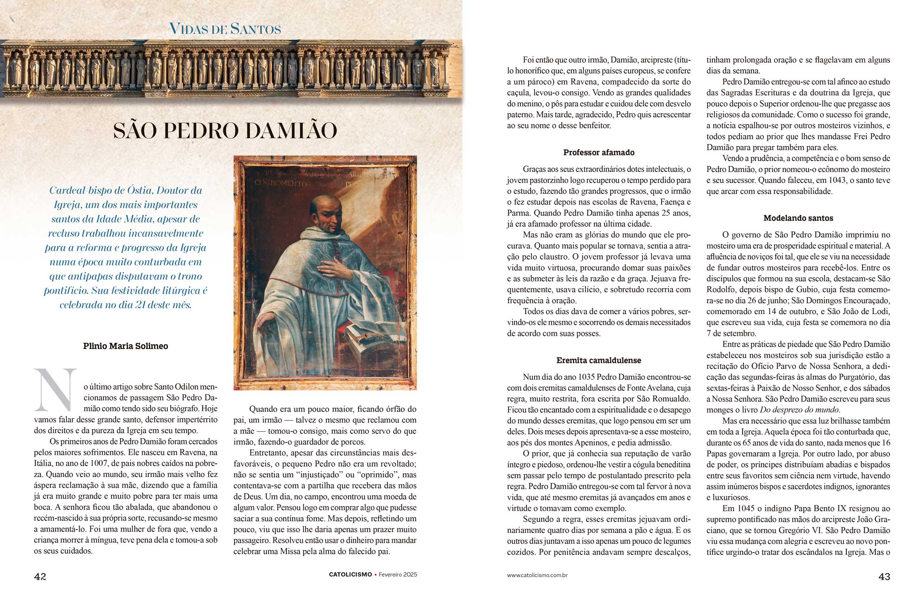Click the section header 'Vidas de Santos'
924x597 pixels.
tap(225, 29)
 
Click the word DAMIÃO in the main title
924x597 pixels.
tap(292, 131)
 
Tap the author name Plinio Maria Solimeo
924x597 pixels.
tap(126, 346)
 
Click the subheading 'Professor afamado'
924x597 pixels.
tap(599, 153)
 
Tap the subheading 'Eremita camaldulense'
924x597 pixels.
tap(599, 360)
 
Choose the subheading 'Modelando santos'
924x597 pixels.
tap(798, 218)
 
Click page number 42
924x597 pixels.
tap(40, 576)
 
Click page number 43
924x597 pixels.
tap(884, 576)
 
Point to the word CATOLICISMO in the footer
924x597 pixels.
tap(350, 575)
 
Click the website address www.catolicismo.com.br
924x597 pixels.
tap(537, 575)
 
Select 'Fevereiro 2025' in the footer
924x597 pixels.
tap(398, 575)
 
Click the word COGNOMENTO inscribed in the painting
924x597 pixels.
tap(281, 183)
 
